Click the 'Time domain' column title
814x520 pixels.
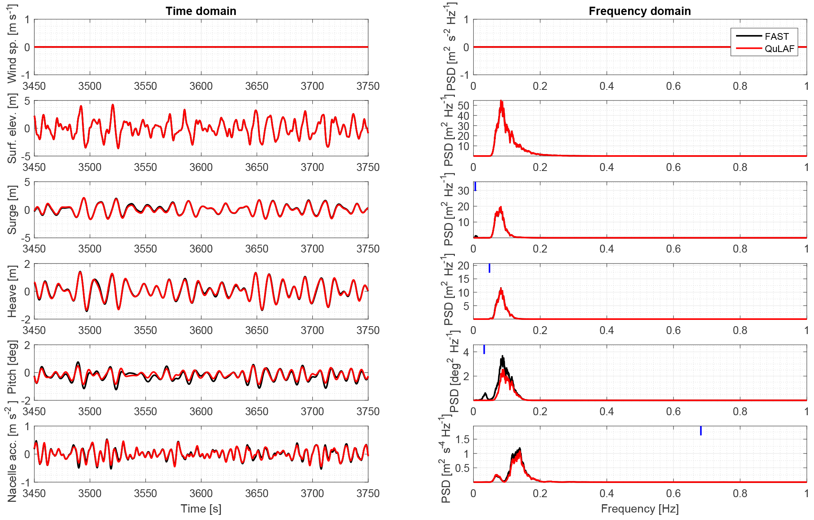point(201,11)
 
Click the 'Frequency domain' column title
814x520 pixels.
point(640,11)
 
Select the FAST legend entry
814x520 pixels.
point(777,37)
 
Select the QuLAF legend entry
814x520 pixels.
point(779,49)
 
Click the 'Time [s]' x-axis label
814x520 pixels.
point(201,509)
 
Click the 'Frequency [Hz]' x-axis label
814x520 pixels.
point(640,509)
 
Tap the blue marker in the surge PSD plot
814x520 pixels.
point(475,186)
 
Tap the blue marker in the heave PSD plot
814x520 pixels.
point(490,268)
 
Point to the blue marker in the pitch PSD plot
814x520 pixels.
point(484,349)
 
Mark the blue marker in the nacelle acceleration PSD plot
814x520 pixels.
point(701,431)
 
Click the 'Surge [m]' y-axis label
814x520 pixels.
point(12,210)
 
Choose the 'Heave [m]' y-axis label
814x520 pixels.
point(12,291)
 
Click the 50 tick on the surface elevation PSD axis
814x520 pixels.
point(464,106)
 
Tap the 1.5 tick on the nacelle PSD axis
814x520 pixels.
point(462,439)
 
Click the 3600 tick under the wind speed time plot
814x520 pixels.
point(201,86)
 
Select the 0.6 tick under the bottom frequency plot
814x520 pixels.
point(673,493)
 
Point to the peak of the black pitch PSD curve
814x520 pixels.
point(502,356)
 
